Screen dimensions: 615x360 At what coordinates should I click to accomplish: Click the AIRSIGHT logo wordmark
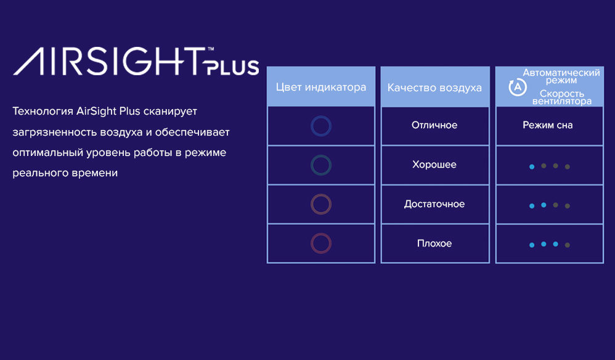(110, 61)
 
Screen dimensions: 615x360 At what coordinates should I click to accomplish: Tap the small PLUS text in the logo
(232, 67)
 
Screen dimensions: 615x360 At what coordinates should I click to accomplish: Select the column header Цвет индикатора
(321, 87)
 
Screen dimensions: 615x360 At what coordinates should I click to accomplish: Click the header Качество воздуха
(434, 88)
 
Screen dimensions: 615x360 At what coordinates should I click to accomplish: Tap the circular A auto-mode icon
(518, 87)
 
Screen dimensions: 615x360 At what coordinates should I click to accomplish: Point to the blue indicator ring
(321, 126)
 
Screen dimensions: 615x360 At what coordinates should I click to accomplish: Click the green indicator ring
(321, 165)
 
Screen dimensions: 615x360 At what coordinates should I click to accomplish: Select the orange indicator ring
(321, 204)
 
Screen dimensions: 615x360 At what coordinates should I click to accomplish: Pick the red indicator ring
(321, 243)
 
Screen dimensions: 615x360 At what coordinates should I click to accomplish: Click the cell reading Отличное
(434, 125)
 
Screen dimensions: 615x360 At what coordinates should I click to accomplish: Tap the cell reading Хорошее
(434, 165)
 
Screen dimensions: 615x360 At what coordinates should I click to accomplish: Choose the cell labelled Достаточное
(434, 204)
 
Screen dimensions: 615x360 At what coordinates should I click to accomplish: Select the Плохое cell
(434, 243)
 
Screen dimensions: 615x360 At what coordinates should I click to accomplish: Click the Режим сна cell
(548, 125)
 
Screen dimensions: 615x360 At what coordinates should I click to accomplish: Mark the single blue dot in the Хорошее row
(532, 166)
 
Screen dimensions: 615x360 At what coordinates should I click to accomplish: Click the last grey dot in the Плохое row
(567, 245)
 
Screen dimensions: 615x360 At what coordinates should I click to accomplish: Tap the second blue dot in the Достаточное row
(544, 205)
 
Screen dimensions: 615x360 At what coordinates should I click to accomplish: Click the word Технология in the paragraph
(43, 112)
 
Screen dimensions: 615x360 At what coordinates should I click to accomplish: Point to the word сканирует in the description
(170, 112)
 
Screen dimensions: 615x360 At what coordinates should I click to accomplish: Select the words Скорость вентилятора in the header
(561, 97)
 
